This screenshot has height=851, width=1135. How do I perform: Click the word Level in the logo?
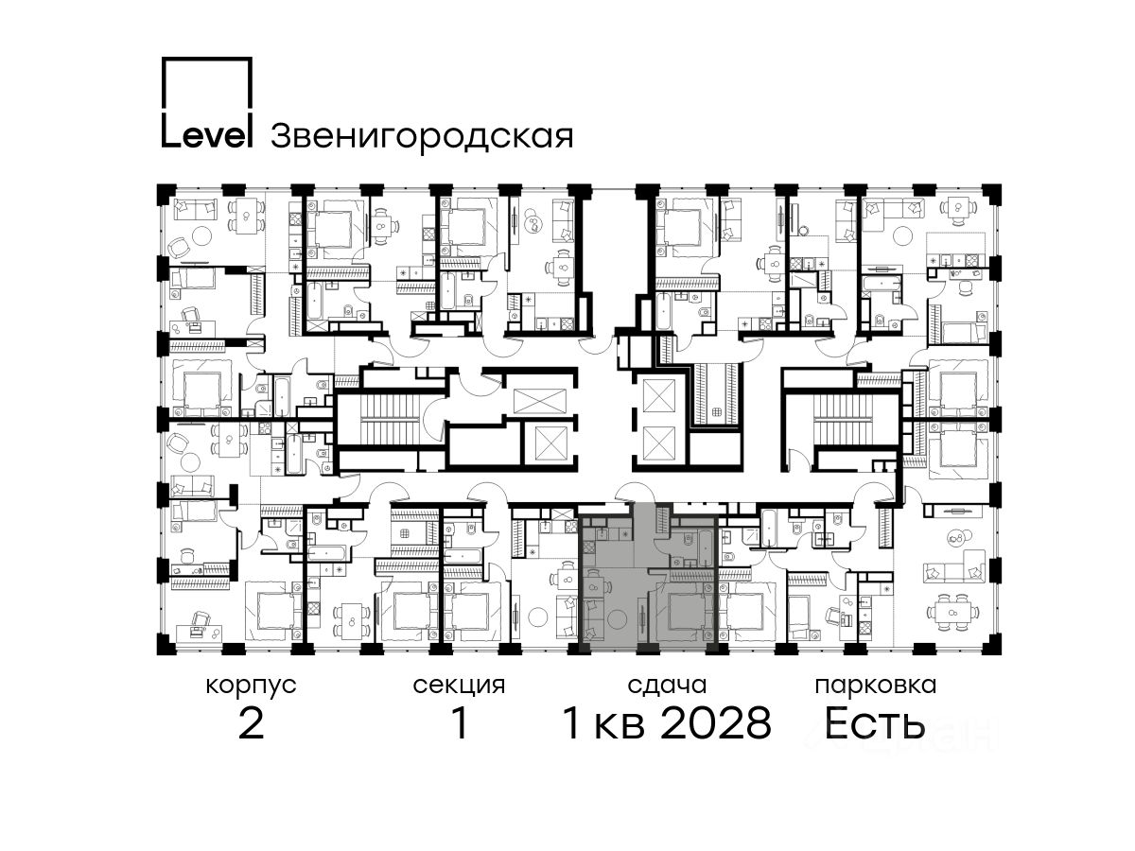(x=207, y=135)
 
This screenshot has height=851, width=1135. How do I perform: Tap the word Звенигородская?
(x=422, y=137)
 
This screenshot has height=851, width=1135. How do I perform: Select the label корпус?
(x=251, y=686)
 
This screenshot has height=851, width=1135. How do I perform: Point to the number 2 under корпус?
(x=251, y=723)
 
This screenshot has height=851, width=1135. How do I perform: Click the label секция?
(x=459, y=686)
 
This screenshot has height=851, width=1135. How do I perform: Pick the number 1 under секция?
(x=460, y=723)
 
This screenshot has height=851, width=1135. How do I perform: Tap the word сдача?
(x=667, y=686)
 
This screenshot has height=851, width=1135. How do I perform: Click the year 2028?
(x=717, y=723)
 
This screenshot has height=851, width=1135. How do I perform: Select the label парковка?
(x=876, y=686)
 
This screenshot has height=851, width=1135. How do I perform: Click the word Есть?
(x=874, y=723)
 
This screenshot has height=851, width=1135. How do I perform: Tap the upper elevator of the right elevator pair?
(x=658, y=395)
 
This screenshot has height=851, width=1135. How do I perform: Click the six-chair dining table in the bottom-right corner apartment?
(x=952, y=612)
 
